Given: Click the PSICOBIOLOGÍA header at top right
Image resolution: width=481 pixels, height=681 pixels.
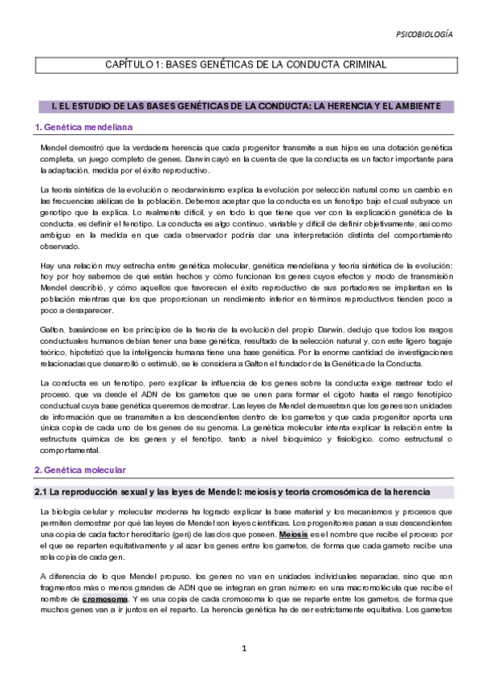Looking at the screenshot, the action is (424, 35).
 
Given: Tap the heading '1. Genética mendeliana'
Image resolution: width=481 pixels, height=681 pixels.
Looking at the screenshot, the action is (84, 128).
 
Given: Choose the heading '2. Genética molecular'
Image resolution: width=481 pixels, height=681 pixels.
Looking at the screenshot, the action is (80, 469).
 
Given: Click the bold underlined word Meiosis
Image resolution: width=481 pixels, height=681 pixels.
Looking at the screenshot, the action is (294, 533).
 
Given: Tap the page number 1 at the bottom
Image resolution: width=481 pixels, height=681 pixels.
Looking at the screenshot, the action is (240, 648).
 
